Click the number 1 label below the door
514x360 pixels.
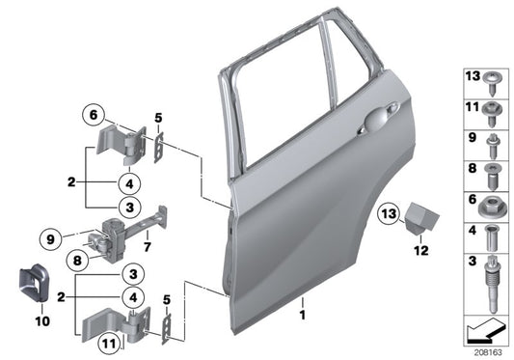tap(302, 316)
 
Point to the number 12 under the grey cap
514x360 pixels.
tap(418, 252)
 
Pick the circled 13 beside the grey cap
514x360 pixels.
tap(387, 212)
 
